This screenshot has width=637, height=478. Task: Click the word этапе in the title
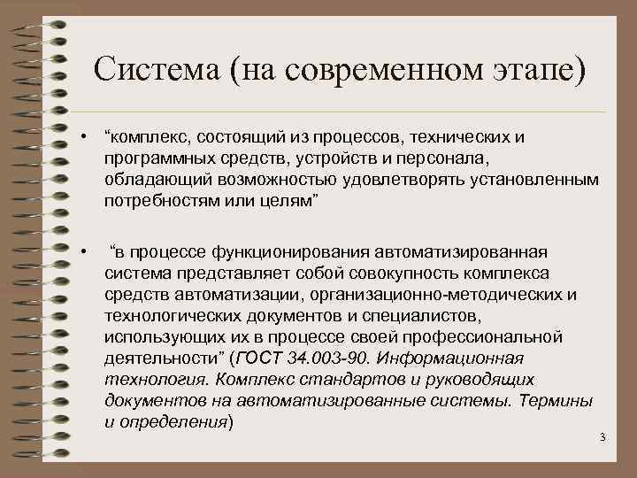click(x=529, y=68)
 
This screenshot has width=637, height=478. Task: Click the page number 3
click(x=602, y=438)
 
